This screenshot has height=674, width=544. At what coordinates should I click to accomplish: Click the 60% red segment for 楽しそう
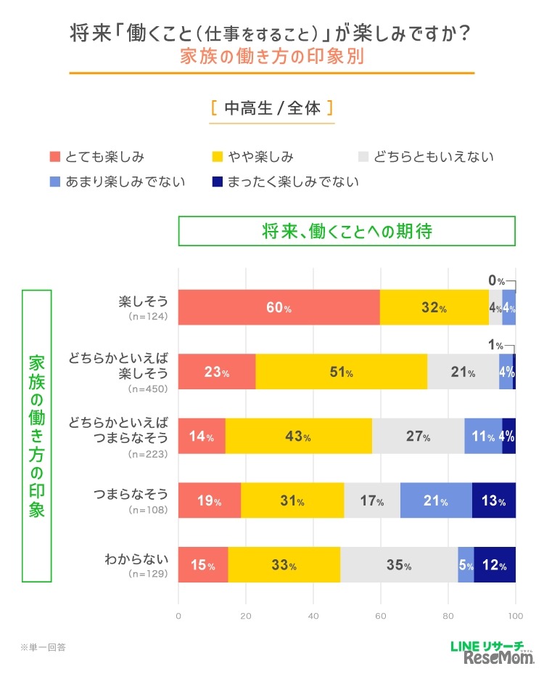click(279, 307)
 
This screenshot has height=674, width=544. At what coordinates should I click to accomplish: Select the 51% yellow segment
click(341, 372)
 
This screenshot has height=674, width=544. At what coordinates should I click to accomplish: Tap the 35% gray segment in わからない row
click(399, 565)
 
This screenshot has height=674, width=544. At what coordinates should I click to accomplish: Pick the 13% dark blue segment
click(494, 500)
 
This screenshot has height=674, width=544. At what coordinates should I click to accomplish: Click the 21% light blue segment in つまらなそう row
click(436, 500)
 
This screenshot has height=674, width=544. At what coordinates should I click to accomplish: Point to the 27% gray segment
click(419, 437)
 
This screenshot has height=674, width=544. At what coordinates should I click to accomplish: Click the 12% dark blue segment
click(495, 565)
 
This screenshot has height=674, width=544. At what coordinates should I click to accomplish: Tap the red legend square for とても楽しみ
click(54, 157)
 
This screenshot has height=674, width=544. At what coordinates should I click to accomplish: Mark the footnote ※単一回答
click(44, 646)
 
